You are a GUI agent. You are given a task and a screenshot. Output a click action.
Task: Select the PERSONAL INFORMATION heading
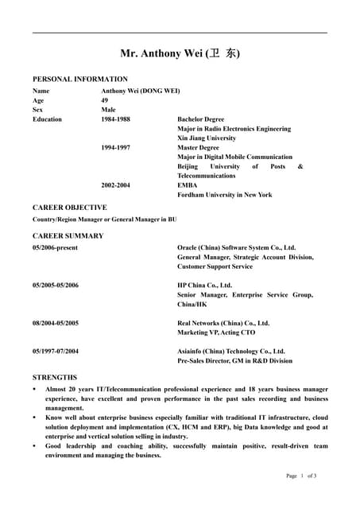[79, 80]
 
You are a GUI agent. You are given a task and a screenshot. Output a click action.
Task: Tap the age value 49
[105, 100]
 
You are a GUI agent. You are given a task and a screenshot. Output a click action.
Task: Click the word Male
[109, 110]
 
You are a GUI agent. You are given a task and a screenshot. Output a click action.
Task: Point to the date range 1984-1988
[115, 119]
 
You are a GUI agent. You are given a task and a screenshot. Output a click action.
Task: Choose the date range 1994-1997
[115, 148]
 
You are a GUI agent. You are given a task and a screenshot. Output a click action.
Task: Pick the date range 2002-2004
[115, 185]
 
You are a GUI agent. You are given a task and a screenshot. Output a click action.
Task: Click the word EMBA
[187, 185]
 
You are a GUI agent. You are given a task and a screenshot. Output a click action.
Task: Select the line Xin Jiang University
[206, 138]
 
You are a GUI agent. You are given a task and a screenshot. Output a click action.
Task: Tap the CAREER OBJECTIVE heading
[69, 208]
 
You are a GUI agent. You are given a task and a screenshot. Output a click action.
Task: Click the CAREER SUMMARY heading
[68, 236]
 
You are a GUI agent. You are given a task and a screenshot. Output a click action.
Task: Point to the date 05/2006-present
[55, 248]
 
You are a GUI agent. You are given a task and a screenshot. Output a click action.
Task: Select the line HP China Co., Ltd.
[204, 285]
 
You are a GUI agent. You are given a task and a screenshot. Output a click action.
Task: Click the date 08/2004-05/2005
[56, 323]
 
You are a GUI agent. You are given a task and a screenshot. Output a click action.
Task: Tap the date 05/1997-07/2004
[56, 351]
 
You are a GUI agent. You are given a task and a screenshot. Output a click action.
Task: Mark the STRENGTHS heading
[55, 377]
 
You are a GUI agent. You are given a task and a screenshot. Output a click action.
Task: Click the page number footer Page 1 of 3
[301, 476]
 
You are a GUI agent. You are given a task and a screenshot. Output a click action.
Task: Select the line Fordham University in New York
[224, 195]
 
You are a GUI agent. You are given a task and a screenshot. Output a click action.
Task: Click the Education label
[47, 119]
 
